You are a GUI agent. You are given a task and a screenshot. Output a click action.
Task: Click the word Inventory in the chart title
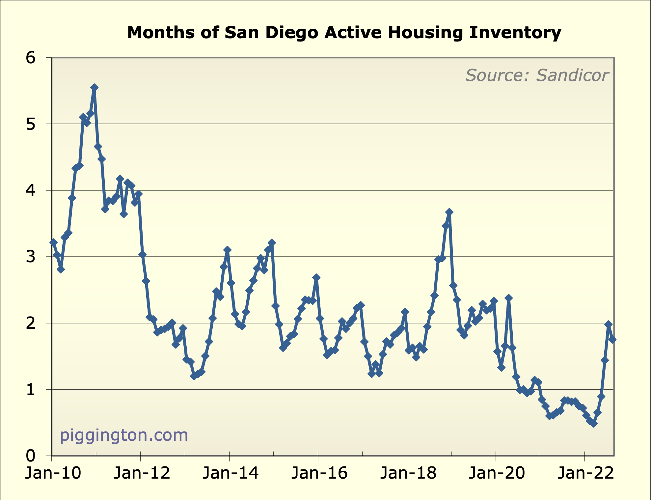tap(515, 33)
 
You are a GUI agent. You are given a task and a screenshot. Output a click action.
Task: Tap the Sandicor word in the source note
tap(572, 75)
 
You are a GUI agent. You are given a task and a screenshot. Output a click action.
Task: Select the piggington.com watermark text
tap(124, 435)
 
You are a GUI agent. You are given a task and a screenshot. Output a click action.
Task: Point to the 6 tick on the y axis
tap(31, 58)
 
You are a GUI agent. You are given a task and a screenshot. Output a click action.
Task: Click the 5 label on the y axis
tap(31, 125)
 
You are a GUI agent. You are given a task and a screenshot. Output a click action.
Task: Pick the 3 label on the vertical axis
tap(31, 257)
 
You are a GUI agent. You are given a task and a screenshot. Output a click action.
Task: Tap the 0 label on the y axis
tap(31, 456)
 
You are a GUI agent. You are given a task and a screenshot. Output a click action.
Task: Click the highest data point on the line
tap(94, 87)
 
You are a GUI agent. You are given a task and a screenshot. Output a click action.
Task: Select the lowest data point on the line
tap(594, 424)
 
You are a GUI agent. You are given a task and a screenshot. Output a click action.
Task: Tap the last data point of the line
tap(612, 340)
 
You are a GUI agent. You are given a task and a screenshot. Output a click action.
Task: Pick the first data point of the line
tap(53, 242)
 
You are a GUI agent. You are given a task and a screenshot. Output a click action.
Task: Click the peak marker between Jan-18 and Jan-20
tap(449, 212)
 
